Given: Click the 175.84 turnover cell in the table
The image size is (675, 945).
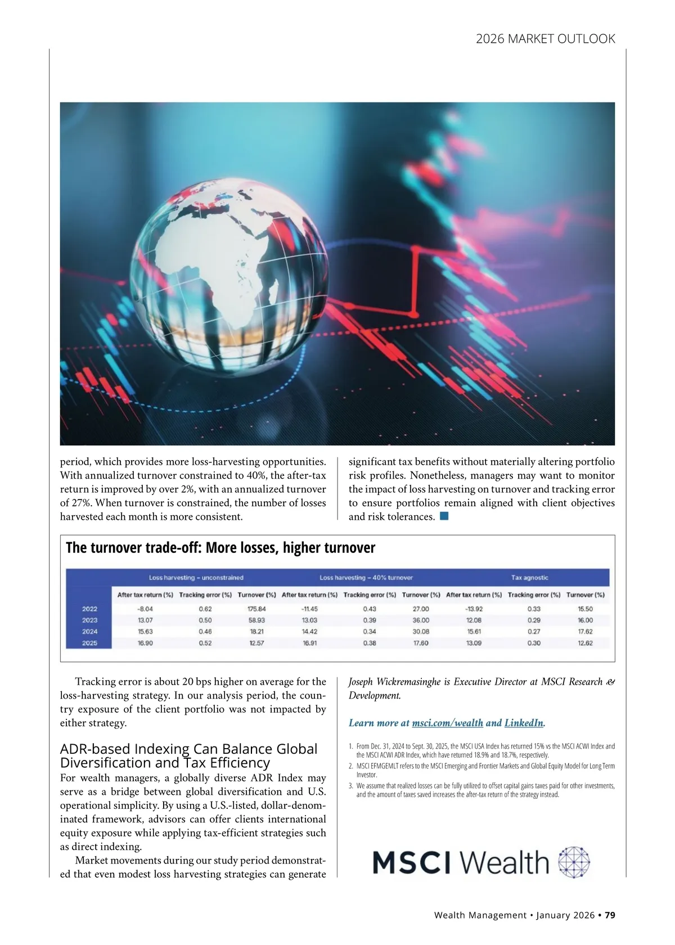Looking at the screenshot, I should (256, 609).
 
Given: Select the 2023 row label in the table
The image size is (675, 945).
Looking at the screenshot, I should (89, 620).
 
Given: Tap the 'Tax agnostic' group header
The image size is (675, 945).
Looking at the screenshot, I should (529, 578).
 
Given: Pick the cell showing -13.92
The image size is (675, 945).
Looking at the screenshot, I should (474, 609).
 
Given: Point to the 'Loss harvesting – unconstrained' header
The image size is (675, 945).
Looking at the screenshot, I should (196, 578).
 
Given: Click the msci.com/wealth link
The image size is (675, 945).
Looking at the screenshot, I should (447, 723).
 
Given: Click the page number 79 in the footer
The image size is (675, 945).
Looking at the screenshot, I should (610, 915).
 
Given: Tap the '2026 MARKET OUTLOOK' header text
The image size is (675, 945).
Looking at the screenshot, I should (545, 39).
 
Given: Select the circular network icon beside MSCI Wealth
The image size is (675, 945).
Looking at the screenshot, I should (574, 862).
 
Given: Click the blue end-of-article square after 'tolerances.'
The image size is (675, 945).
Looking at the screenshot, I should (444, 516).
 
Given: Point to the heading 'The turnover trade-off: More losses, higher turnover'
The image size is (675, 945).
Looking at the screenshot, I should (220, 548).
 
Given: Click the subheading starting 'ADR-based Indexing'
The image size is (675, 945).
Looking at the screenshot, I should (188, 755).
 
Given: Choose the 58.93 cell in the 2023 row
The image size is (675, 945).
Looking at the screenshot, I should (256, 620).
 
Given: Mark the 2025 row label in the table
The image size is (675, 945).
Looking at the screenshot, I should (89, 643).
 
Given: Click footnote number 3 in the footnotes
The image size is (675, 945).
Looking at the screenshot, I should (350, 786).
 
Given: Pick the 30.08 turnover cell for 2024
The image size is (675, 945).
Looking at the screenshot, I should (421, 632).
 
